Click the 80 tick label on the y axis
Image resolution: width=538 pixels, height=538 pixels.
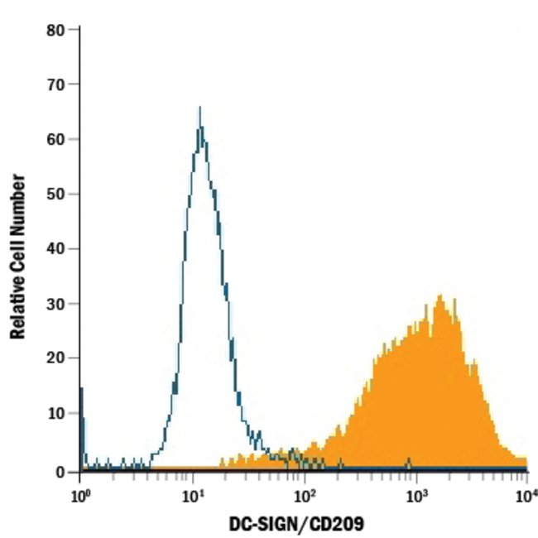(x=56, y=31)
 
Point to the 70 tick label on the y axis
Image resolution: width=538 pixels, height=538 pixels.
(x=56, y=84)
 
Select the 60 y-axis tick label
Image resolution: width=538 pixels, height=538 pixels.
(x=56, y=139)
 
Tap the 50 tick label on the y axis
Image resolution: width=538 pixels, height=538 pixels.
(x=56, y=195)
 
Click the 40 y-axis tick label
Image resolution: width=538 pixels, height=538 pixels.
(x=56, y=249)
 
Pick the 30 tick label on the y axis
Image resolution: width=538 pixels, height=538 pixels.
(x=56, y=304)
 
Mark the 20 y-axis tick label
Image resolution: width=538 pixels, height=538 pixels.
(x=56, y=358)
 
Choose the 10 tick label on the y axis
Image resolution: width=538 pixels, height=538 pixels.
(x=56, y=415)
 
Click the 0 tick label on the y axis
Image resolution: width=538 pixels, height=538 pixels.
(x=60, y=471)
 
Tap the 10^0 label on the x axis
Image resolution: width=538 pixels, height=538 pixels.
(x=79, y=494)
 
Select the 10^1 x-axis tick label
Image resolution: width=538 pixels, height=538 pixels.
(x=193, y=494)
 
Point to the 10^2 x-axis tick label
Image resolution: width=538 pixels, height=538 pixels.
(x=305, y=494)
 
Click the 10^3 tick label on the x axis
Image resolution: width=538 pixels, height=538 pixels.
(x=416, y=494)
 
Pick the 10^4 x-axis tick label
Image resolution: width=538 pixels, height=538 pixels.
(x=525, y=494)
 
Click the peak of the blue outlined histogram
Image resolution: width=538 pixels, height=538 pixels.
(x=199, y=108)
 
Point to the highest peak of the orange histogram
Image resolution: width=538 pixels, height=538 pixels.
(x=440, y=295)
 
